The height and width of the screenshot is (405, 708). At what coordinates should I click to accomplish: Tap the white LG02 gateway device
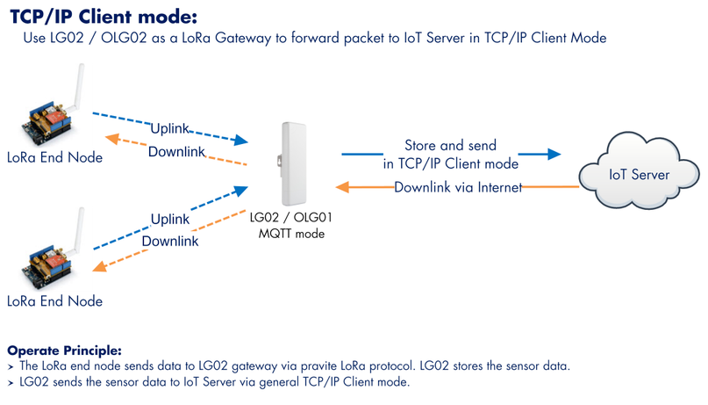pos(294,163)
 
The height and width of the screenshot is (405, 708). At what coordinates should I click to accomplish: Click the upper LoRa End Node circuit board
pos(48,123)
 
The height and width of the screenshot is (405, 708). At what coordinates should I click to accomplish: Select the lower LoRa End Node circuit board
pos(47,268)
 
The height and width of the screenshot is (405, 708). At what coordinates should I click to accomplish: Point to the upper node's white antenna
pos(78,87)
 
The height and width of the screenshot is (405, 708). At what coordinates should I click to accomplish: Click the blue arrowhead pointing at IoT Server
pos(553,154)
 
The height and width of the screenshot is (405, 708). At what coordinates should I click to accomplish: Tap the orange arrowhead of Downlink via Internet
pos(342,186)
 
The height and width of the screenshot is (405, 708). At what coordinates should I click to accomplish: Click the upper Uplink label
pos(170,128)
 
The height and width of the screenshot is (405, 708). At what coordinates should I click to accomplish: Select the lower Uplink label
pos(170,220)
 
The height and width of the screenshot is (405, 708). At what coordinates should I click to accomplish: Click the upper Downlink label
pos(176,151)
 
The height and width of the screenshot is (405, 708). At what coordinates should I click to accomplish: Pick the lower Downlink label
pos(170,241)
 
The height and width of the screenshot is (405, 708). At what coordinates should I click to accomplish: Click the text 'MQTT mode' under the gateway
pos(291,234)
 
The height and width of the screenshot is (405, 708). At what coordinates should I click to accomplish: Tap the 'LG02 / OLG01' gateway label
pos(290,217)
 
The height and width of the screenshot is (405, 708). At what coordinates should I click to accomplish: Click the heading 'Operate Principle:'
pos(65,351)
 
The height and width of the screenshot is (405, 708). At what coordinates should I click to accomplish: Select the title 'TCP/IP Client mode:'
pos(104,17)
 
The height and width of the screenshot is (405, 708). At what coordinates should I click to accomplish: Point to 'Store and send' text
pos(450,145)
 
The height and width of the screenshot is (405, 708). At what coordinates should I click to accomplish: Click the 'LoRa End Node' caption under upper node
pos(54,157)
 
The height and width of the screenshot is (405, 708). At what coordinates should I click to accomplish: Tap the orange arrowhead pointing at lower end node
pos(99,266)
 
